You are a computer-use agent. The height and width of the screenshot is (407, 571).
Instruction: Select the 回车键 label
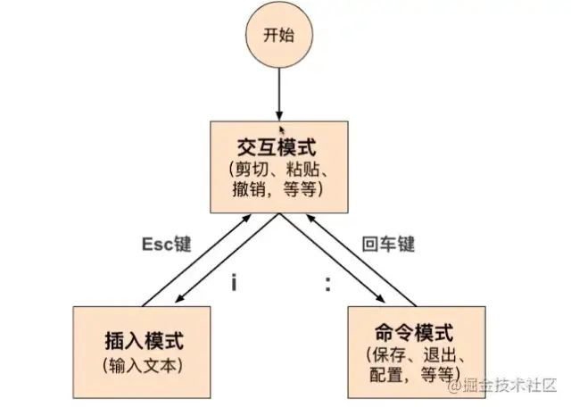click(389, 244)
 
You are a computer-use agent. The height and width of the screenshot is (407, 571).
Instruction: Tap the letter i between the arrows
click(233, 283)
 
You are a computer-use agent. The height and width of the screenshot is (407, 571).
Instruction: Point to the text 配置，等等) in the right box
click(410, 374)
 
